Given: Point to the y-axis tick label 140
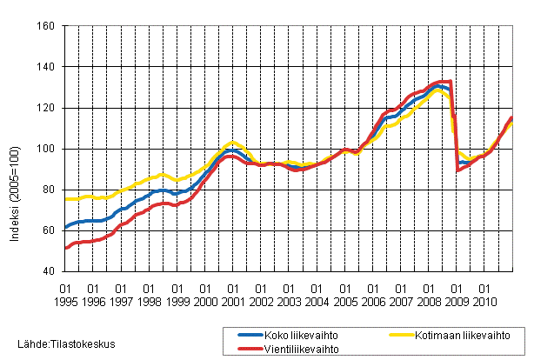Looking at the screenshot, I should (x=48, y=67).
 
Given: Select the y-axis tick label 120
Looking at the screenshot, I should (x=48, y=108).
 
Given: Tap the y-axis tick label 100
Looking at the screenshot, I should (x=48, y=149).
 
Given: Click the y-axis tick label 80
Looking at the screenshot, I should (x=50, y=190).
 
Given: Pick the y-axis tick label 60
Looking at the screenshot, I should (x=50, y=230).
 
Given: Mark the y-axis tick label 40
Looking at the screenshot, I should (x=50, y=271).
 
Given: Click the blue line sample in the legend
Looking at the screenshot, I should (x=241, y=333).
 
